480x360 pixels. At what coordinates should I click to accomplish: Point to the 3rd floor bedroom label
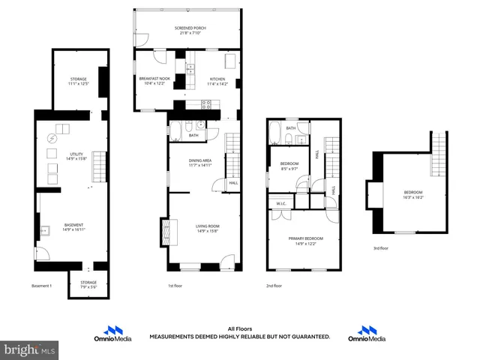point(412,195)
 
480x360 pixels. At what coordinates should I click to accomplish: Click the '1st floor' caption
point(175,286)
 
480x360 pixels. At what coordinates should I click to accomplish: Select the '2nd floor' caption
point(274,286)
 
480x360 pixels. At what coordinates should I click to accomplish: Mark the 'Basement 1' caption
point(42,286)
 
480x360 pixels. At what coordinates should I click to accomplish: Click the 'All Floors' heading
point(239,328)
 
